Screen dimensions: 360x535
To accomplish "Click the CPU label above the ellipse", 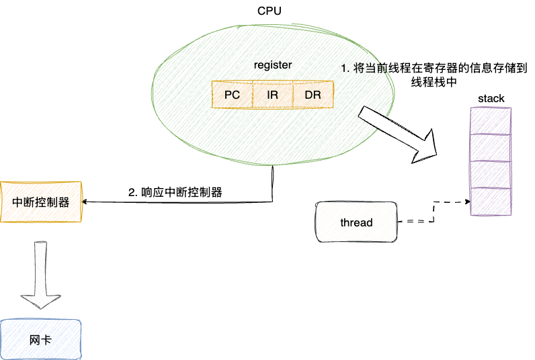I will (x=269, y=11).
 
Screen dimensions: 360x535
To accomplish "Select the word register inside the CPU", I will (x=272, y=64).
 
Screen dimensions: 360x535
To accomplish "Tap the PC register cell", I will (x=232, y=95).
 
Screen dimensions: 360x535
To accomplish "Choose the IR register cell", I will (x=272, y=95).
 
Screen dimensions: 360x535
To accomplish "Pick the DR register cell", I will (x=313, y=95).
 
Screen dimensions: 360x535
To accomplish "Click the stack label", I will (x=491, y=99).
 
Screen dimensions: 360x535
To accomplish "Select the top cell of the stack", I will (x=491, y=122).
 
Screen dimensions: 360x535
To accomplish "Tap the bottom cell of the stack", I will (x=491, y=201).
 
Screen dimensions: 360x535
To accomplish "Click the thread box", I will (x=356, y=222).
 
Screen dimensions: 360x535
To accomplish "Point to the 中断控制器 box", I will (x=40, y=201).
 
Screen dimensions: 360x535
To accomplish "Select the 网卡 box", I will (x=40, y=340).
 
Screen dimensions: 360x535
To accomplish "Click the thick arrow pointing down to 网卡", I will (x=40, y=272).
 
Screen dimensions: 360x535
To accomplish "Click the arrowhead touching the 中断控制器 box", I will (x=85, y=201).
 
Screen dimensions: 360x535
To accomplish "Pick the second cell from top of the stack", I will (x=491, y=148).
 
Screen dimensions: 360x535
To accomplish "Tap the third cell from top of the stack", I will (x=491, y=175).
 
